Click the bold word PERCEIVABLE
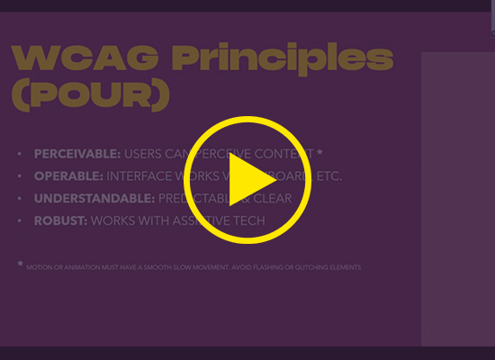[x=77, y=154]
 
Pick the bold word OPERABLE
[x=68, y=176]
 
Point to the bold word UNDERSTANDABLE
[x=94, y=198]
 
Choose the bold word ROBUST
[x=60, y=220]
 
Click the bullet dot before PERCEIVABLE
[x=20, y=155]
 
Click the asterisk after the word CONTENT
[x=319, y=153]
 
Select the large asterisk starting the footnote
[x=20, y=265]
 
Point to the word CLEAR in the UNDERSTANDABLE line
[x=272, y=198]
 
